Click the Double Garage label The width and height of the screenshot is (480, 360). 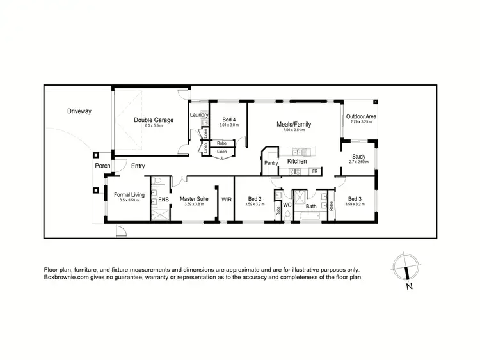pyautogui.click(x=154, y=120)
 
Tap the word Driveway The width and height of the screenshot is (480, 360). pyautogui.click(x=79, y=111)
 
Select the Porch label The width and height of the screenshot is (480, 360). pyautogui.click(x=102, y=166)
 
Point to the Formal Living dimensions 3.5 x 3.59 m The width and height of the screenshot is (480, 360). pyautogui.click(x=129, y=200)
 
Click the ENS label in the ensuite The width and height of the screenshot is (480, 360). pyautogui.click(x=163, y=199)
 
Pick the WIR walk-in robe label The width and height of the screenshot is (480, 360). pyautogui.click(x=227, y=199)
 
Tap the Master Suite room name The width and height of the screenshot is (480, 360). pyautogui.click(x=193, y=199)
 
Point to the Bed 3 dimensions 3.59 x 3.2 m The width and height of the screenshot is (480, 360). pyautogui.click(x=354, y=205)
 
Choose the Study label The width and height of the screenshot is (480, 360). pyautogui.click(x=358, y=157)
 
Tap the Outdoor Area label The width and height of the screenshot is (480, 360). pyautogui.click(x=361, y=116)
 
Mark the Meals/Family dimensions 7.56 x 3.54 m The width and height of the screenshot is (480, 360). pyautogui.click(x=294, y=130)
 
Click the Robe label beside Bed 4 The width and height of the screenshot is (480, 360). pyautogui.click(x=221, y=143)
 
